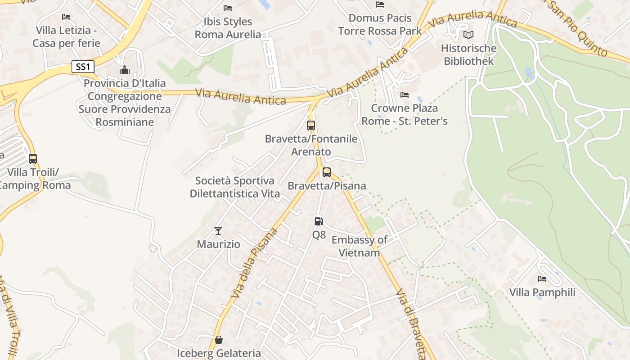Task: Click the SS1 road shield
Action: point(83,67)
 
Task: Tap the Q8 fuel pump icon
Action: point(319,221)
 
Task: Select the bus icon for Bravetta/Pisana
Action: point(327,172)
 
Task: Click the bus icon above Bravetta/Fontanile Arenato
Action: point(311,125)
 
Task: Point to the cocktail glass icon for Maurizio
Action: point(218,231)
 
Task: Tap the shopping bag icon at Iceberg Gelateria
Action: point(219,339)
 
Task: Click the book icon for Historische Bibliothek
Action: point(468,35)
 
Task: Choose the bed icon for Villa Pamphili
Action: point(542,279)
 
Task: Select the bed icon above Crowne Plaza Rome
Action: point(405,95)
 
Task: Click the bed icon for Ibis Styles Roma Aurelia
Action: point(228,8)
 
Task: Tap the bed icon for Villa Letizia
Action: point(66,17)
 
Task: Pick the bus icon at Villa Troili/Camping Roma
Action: point(33,158)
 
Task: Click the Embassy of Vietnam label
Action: point(359,246)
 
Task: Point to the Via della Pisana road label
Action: point(254,263)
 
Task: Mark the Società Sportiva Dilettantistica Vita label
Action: point(234,187)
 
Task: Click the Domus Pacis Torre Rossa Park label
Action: point(380,24)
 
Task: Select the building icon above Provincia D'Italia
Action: point(125,70)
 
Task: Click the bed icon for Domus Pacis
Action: point(380,4)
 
